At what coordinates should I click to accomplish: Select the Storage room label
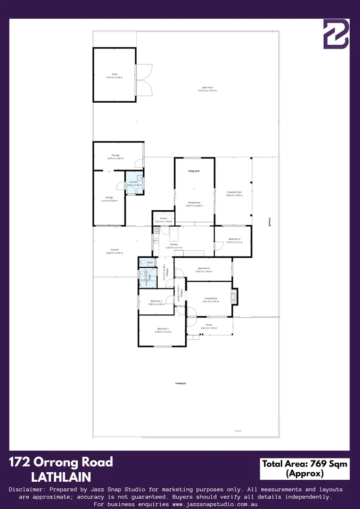115,155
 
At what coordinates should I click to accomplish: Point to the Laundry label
133,182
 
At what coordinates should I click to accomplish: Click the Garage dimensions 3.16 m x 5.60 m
109,200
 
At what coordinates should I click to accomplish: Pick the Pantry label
164,219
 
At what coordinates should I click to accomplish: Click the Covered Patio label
234,192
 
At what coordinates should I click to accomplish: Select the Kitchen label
174,244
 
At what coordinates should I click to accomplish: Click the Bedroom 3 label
234,239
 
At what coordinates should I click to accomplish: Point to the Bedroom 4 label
204,268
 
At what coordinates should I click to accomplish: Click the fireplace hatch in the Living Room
234,296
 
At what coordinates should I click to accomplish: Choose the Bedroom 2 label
156,301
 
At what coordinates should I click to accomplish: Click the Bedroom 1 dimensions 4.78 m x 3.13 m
163,332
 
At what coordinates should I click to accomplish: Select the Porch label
209,325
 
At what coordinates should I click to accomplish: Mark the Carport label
115,250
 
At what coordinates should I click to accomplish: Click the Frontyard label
180,384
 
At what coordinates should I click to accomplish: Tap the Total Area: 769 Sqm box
304,468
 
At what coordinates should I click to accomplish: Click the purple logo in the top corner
335,34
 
